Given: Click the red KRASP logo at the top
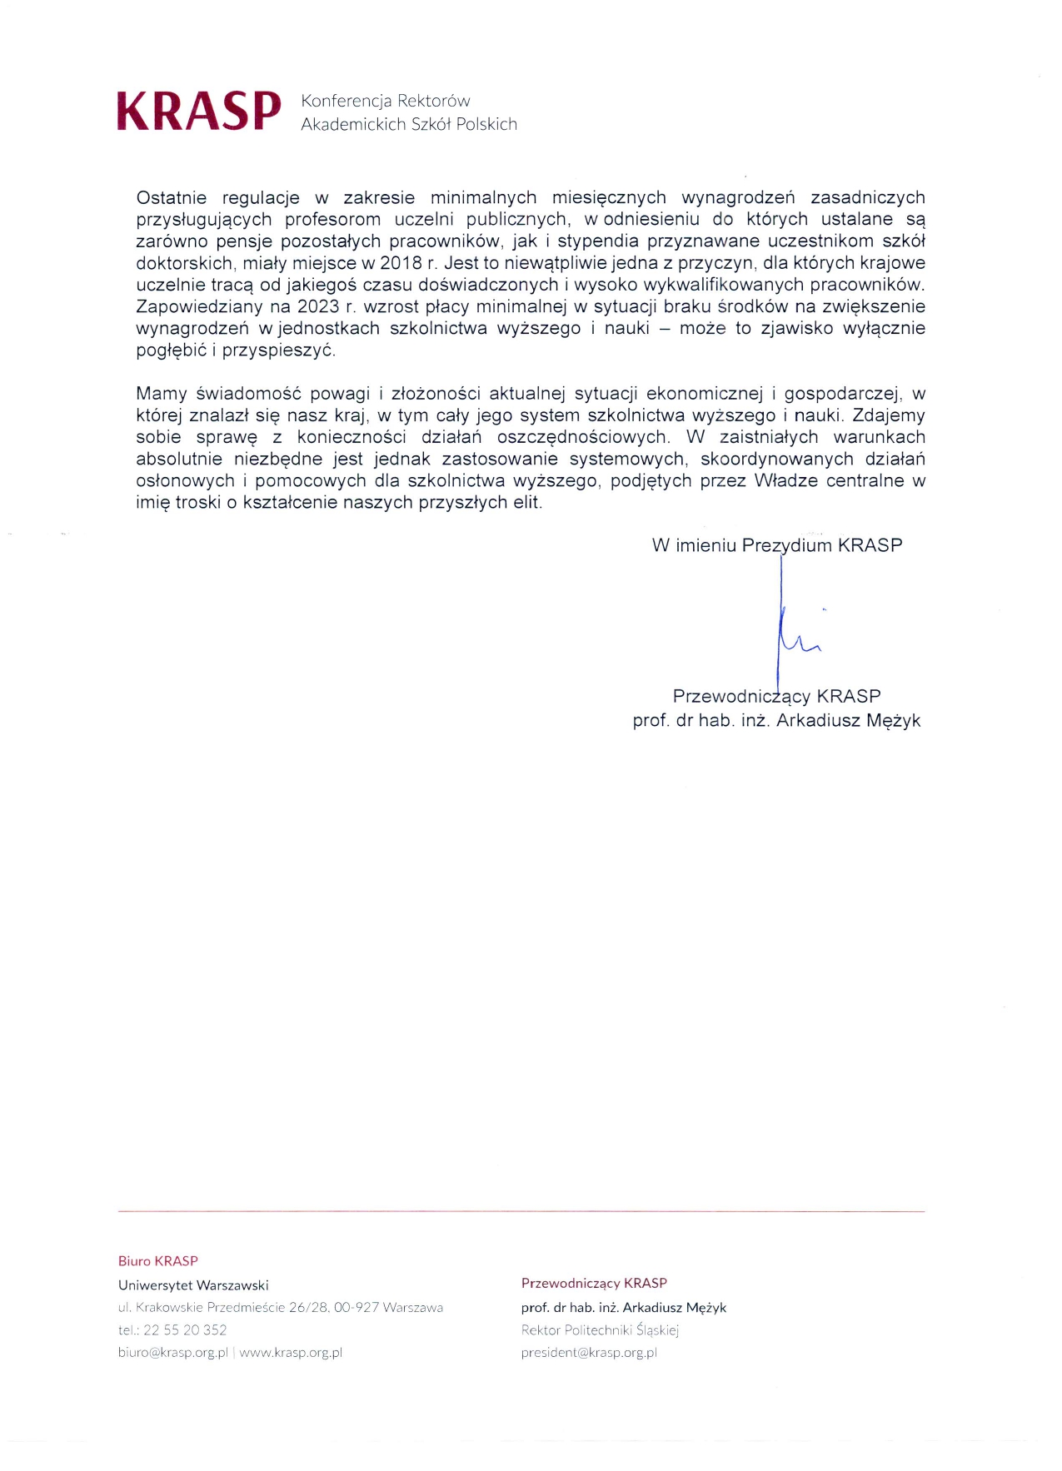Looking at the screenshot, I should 199,112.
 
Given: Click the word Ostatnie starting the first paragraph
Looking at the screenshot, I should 171,198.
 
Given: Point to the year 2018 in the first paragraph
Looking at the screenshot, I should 401,263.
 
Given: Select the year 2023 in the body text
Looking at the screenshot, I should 318,306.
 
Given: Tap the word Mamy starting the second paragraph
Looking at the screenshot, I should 162,394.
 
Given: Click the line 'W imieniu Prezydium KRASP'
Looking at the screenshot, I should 776,546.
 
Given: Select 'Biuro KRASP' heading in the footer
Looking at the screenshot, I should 158,1261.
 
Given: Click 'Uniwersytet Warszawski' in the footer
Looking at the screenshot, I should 193,1285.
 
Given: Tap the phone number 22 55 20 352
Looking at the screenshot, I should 185,1330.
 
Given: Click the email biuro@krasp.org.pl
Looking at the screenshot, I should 173,1353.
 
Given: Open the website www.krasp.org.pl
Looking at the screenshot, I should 291,1353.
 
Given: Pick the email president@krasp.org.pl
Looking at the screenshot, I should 589,1353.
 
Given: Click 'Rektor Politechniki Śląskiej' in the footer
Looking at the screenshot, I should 600,1330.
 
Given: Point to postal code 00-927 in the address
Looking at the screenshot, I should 356,1308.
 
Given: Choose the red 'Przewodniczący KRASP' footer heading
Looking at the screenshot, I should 594,1284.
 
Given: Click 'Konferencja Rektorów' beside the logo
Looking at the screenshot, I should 386,102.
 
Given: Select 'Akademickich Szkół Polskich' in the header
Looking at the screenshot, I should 409,125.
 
